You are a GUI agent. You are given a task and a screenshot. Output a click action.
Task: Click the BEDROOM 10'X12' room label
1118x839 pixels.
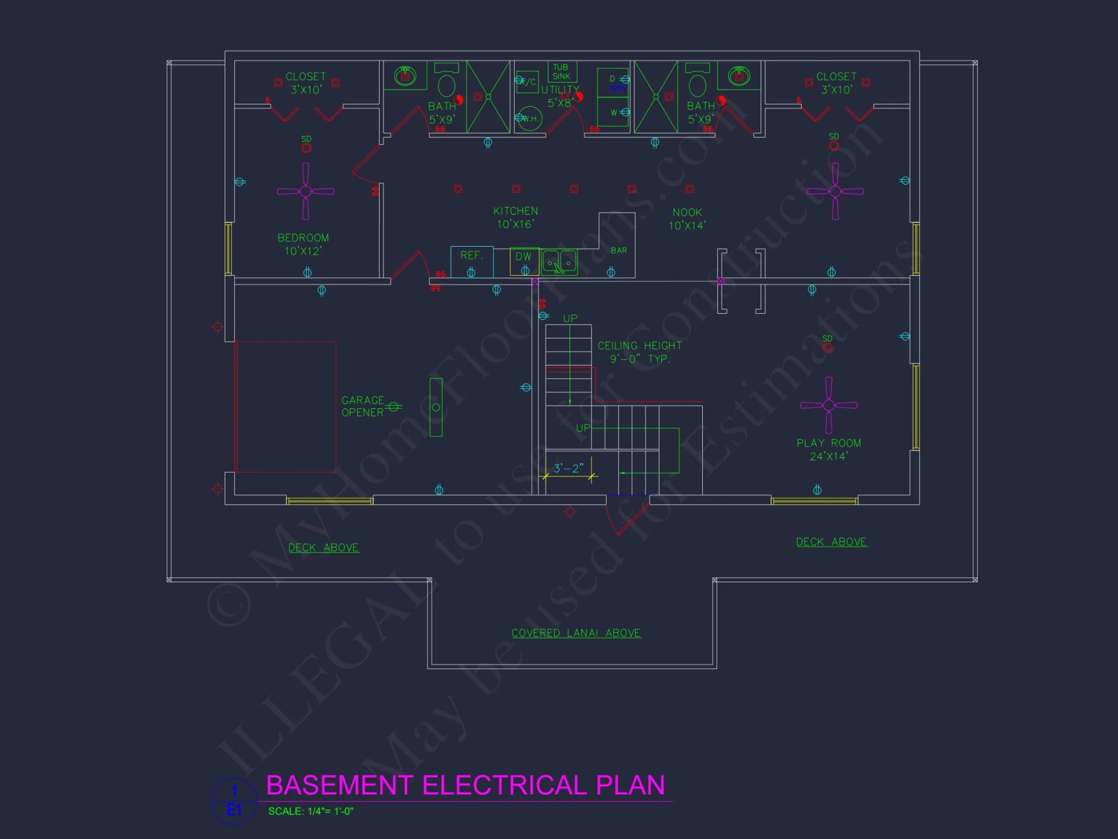[x=303, y=244]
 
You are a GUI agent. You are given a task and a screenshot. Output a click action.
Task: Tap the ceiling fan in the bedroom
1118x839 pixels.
[x=305, y=191]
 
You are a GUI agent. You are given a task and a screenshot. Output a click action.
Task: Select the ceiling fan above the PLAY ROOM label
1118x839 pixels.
[x=828, y=405]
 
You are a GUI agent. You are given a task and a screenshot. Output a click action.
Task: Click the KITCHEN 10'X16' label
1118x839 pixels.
[x=515, y=218]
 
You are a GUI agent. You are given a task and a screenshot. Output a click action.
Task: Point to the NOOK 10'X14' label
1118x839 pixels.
[x=687, y=219]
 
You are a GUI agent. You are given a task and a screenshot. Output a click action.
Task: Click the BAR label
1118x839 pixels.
[x=619, y=251]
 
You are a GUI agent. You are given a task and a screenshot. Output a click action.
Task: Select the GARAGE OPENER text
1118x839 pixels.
[x=363, y=406]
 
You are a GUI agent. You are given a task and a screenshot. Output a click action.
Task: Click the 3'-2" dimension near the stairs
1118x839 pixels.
[x=569, y=468]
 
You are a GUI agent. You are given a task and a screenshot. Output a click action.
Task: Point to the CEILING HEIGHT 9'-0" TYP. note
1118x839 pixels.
[x=639, y=352]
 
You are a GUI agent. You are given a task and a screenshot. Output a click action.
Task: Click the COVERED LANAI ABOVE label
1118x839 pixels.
[x=576, y=633]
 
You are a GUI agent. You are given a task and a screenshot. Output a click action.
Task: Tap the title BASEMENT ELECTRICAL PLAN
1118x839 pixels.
[x=466, y=785]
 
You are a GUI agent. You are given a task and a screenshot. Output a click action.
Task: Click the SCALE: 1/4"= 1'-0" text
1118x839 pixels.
[x=311, y=811]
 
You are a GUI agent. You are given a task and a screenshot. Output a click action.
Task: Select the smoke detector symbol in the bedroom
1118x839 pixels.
[x=306, y=148]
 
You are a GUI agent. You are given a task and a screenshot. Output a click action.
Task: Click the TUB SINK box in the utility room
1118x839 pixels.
[x=561, y=72]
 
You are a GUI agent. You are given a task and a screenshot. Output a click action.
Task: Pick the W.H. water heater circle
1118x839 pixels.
[x=529, y=119]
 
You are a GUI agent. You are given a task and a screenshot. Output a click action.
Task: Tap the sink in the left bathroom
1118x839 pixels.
[x=405, y=76]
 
